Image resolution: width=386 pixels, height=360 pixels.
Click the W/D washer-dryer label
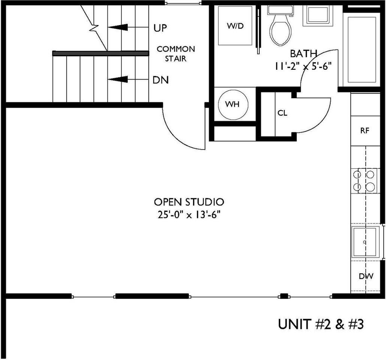[235, 26]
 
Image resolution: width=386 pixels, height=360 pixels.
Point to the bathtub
[362, 49]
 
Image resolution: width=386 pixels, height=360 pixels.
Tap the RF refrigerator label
[365, 131]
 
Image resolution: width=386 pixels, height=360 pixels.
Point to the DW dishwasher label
[366, 277]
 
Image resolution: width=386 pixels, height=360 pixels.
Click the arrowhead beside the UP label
[118, 27]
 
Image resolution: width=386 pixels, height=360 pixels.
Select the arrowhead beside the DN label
[118, 79]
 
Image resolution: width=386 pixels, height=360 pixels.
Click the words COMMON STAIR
[176, 54]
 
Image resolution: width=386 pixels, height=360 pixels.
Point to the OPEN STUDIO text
[189, 202]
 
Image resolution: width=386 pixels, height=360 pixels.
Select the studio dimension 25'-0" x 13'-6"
[189, 215]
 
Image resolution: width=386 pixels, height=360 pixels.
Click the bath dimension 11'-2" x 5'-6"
[304, 66]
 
